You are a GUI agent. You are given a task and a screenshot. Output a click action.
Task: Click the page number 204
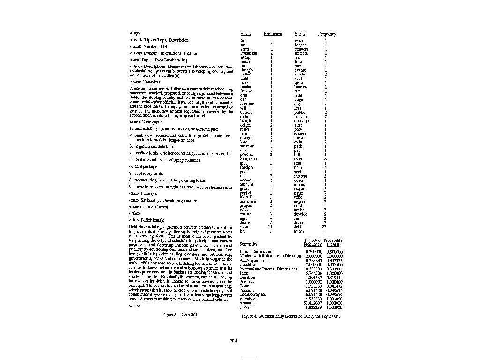point(240,340)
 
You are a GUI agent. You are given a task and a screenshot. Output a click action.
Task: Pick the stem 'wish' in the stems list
point(299,41)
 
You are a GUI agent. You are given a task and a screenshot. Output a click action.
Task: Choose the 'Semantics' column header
point(248,244)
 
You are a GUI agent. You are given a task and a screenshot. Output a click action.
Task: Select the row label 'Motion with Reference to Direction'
point(270,256)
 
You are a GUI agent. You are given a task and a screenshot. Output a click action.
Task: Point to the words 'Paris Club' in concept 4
point(224,153)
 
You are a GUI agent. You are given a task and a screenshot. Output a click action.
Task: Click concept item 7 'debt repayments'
point(146,173)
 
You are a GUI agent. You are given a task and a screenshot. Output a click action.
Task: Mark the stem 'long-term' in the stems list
point(248,158)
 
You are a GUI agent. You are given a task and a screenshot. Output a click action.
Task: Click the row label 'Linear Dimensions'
point(255,252)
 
